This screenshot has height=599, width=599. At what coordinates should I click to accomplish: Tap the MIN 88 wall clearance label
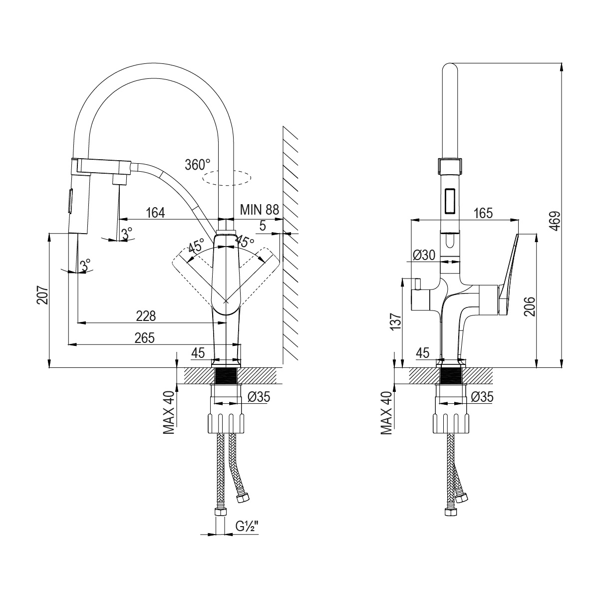259,210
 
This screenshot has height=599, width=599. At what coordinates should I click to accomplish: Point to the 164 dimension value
155,213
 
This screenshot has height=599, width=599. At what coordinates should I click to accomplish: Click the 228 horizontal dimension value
146,316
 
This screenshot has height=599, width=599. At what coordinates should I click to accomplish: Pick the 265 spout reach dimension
144,338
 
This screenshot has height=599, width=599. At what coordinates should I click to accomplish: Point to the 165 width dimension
483,213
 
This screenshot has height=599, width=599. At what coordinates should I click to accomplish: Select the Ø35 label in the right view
482,397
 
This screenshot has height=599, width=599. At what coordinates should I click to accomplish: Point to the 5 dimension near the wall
263,226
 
